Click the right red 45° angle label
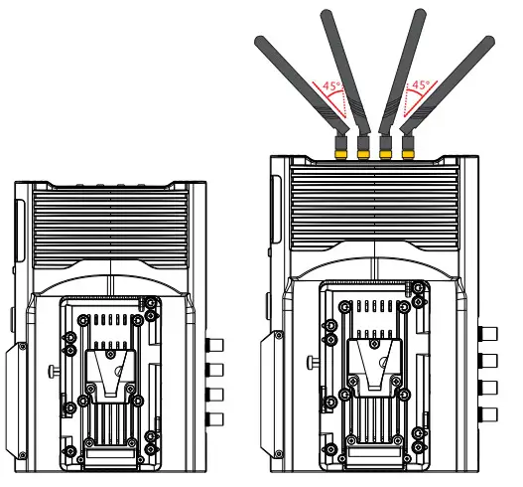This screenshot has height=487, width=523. point(420,86)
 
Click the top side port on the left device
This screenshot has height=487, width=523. point(214,346)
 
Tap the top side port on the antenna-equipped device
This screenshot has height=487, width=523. point(487,334)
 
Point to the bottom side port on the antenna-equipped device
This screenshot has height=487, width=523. point(487,412)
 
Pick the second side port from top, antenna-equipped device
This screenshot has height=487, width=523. point(487,360)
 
